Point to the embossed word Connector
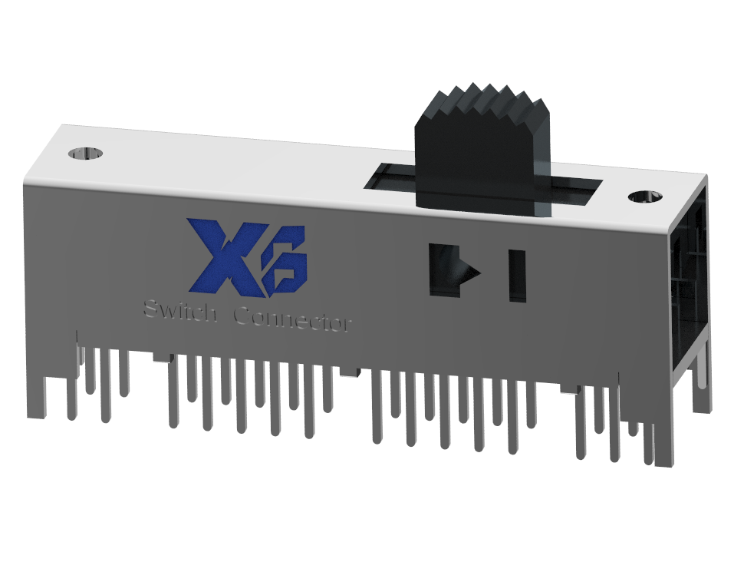[x=292, y=318]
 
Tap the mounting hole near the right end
[x=646, y=197]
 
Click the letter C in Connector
[x=241, y=316]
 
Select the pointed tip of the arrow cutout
[x=477, y=273]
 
